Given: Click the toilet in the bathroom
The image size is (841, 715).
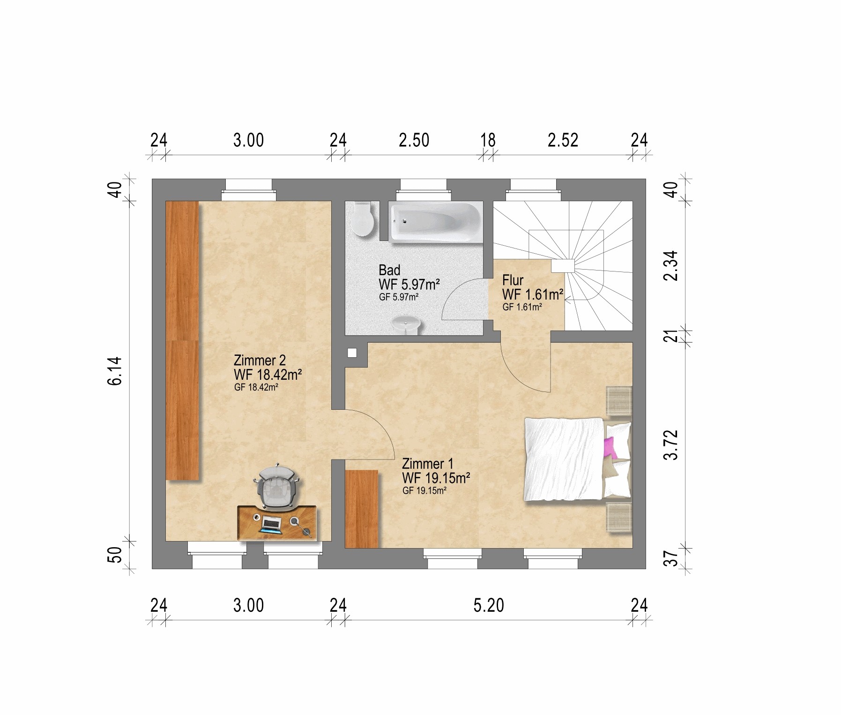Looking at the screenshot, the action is point(363,219).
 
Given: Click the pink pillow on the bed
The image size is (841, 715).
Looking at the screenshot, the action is point(610,448).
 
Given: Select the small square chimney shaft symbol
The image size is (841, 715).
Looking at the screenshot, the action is point(353,353).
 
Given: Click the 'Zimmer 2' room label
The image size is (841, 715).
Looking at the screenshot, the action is point(259,361).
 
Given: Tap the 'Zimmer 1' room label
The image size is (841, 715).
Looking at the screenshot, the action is point(428,464).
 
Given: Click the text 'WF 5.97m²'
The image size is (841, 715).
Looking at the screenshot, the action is point(409,284).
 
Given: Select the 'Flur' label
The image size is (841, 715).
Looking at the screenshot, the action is point(513,280).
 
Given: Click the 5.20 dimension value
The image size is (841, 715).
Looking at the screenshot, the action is point(489,605).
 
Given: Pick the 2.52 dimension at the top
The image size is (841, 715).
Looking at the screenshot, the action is point(563,140).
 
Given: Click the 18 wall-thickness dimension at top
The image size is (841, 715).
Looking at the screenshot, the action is point(488,140).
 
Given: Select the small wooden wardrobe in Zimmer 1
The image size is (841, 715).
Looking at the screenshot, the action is point(361,509).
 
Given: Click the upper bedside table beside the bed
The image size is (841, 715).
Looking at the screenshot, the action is point(619,400).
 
